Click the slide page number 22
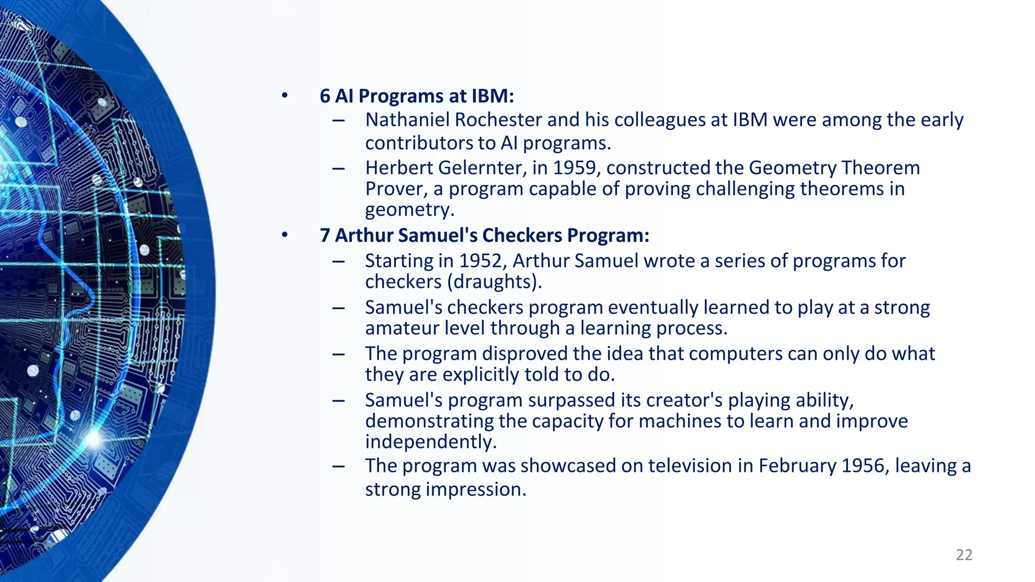pyautogui.click(x=964, y=555)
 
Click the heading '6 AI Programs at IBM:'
pyautogui.click(x=416, y=96)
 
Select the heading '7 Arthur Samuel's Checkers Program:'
pyautogui.click(x=484, y=235)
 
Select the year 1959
pyautogui.click(x=576, y=168)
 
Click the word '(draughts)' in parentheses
pyautogui.click(x=494, y=281)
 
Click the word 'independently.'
pyautogui.click(x=431, y=442)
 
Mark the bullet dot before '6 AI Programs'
pyautogui.click(x=285, y=95)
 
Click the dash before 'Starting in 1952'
pyautogui.click(x=339, y=261)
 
